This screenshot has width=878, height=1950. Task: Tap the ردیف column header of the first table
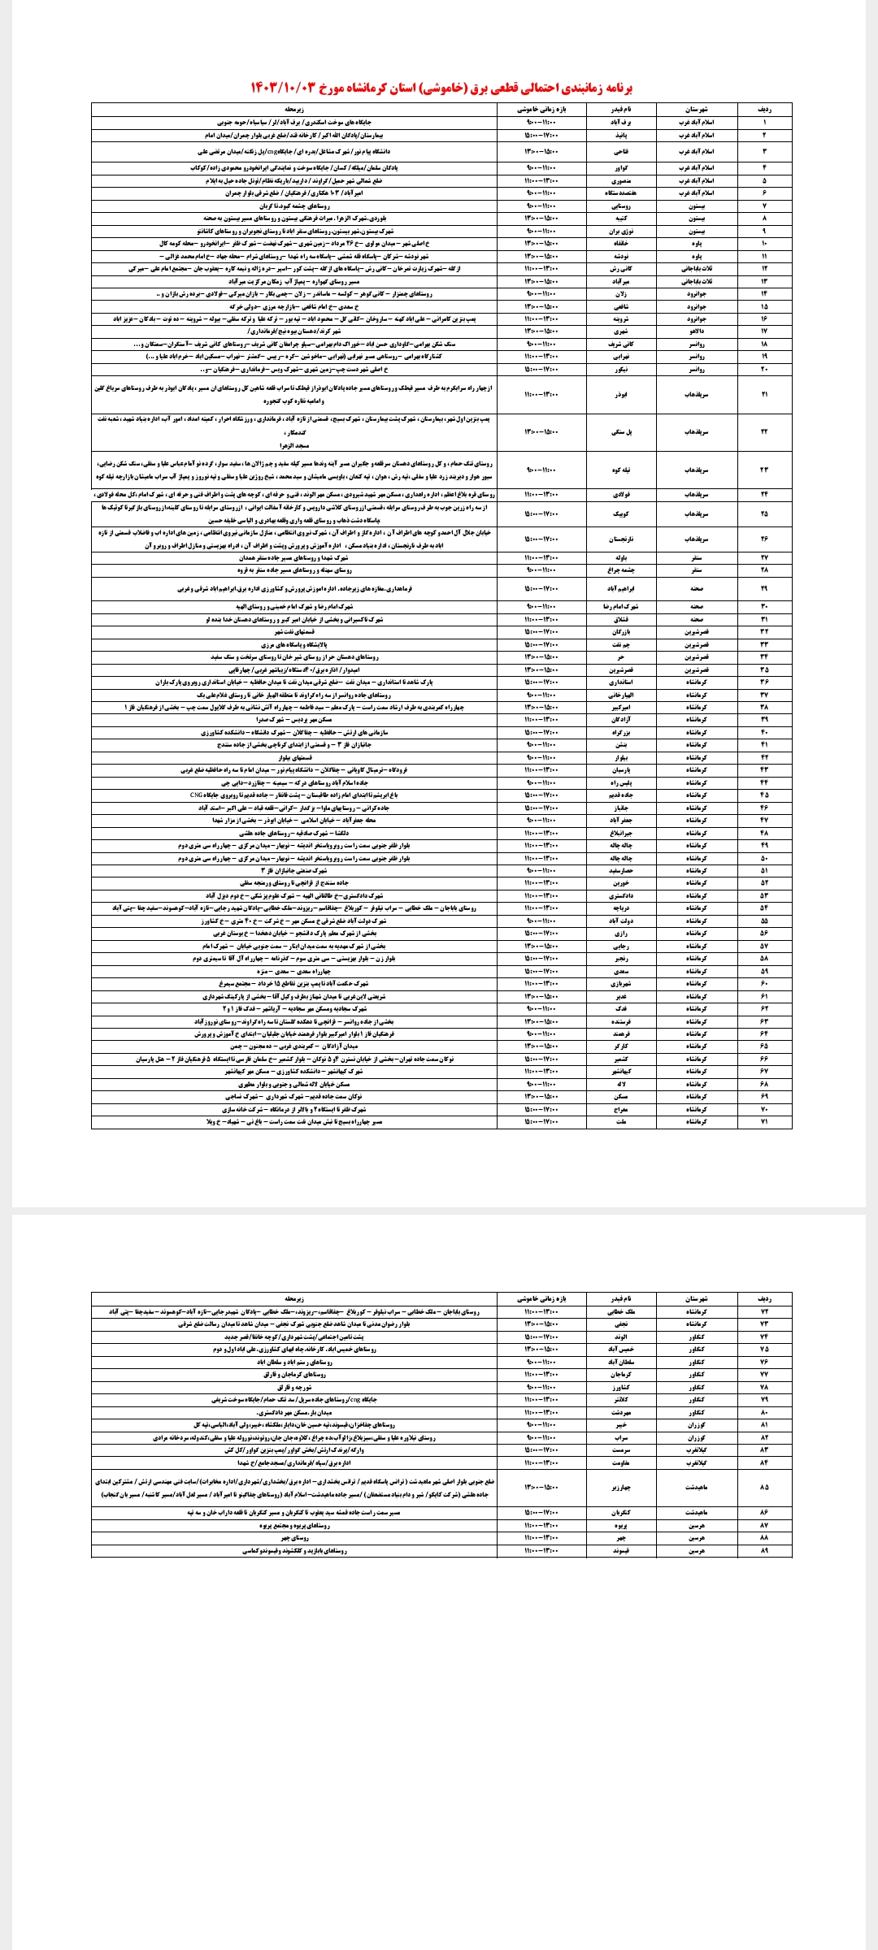(x=764, y=108)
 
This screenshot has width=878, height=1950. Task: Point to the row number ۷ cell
(x=764, y=206)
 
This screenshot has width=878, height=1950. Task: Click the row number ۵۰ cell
(x=764, y=858)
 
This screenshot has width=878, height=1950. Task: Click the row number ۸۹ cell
(x=764, y=1551)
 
